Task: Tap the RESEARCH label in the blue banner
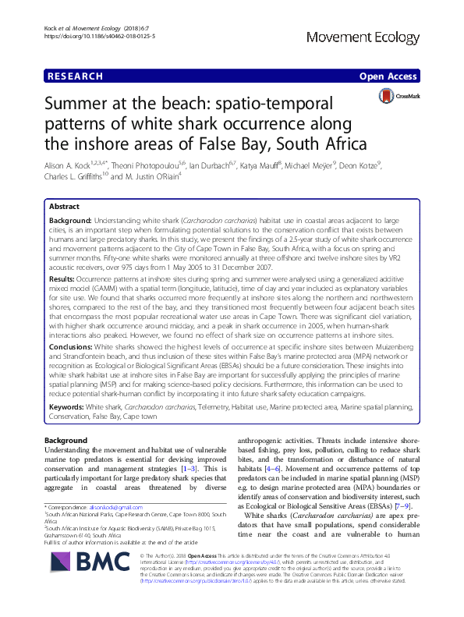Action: click(76, 76)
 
